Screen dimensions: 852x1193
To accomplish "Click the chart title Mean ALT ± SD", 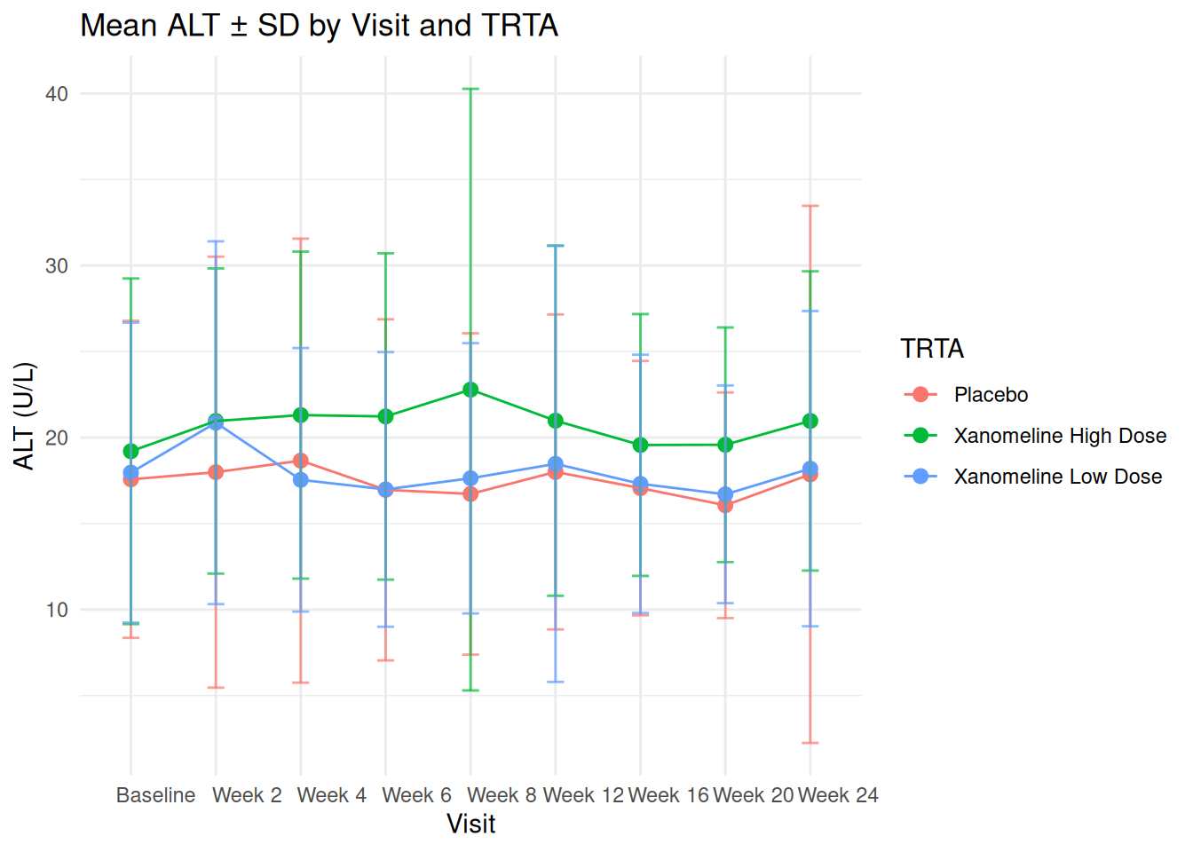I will pos(319,26).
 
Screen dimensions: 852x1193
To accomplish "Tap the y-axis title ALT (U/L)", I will pos(24,415).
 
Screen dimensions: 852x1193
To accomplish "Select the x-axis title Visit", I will pos(470,824).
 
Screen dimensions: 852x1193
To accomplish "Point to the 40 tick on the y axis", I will pos(57,94).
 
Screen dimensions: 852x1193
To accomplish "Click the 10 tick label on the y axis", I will pos(57,610).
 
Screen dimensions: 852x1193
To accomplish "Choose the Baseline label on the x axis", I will pos(155,795).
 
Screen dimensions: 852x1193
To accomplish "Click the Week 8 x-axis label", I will pos(502,795).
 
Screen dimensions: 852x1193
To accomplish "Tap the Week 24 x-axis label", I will pos(838,795).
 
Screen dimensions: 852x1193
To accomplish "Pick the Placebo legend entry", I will pos(991,395).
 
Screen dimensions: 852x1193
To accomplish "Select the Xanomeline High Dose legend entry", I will pos(1060,436).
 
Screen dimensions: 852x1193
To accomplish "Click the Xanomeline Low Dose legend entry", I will pos(1057,477).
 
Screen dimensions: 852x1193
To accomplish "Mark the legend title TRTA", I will pos(932,349).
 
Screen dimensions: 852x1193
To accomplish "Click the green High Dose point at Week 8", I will pos(470,390).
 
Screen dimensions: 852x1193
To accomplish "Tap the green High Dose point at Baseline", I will pos(131,451).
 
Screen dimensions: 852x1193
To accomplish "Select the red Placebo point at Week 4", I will pos(301,461).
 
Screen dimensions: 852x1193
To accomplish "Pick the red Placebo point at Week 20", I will pos(725,505).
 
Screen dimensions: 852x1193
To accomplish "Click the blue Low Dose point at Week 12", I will pos(556,464).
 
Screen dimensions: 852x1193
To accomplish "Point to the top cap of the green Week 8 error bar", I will pos(470,89).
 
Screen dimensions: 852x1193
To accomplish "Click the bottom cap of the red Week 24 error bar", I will pos(810,743).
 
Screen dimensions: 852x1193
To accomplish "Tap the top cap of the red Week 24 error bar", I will pos(810,206).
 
